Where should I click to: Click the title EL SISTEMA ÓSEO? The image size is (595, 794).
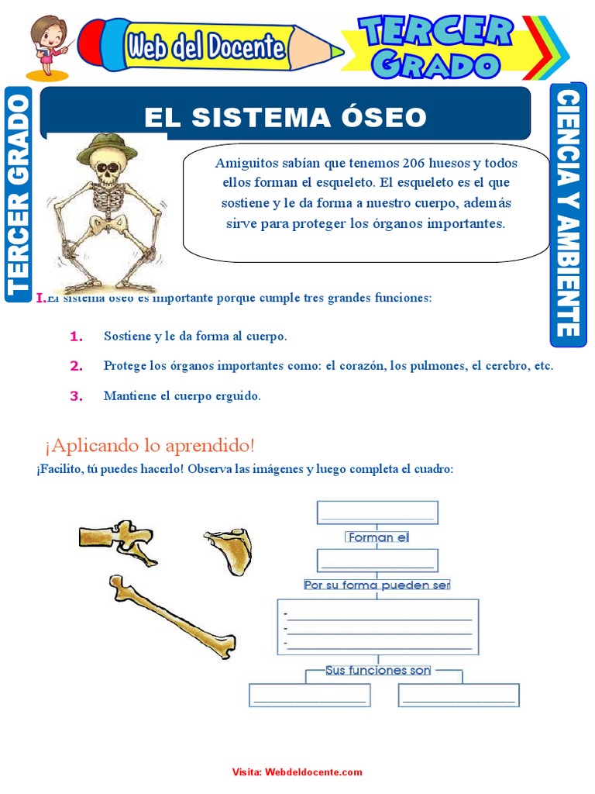click(285, 117)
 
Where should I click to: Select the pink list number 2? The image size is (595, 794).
click(76, 366)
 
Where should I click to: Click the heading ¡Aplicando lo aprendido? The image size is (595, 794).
click(150, 446)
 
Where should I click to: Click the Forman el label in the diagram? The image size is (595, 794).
click(377, 537)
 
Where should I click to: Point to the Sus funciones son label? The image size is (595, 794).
click(377, 670)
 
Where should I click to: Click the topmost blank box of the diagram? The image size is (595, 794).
click(377, 513)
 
